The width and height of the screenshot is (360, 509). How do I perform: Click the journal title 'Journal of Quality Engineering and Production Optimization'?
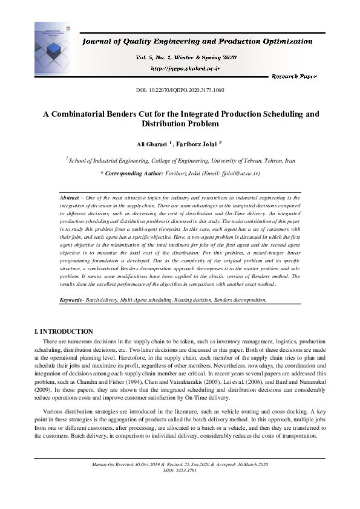pos(197,42)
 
